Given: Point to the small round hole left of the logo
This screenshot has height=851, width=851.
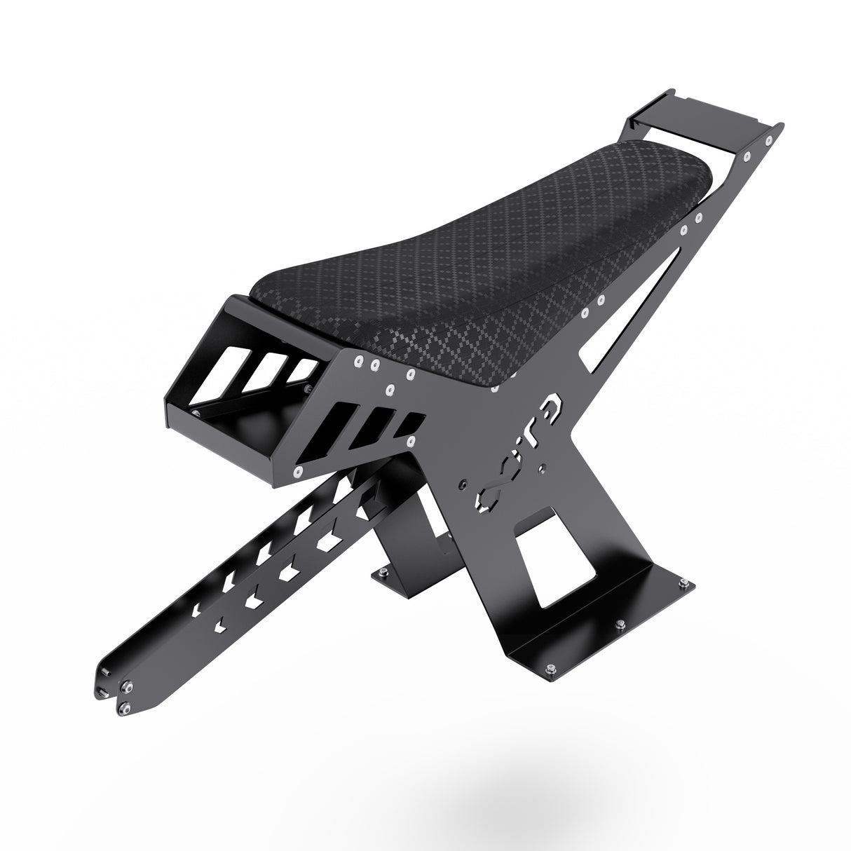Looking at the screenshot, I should [x=461, y=484].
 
